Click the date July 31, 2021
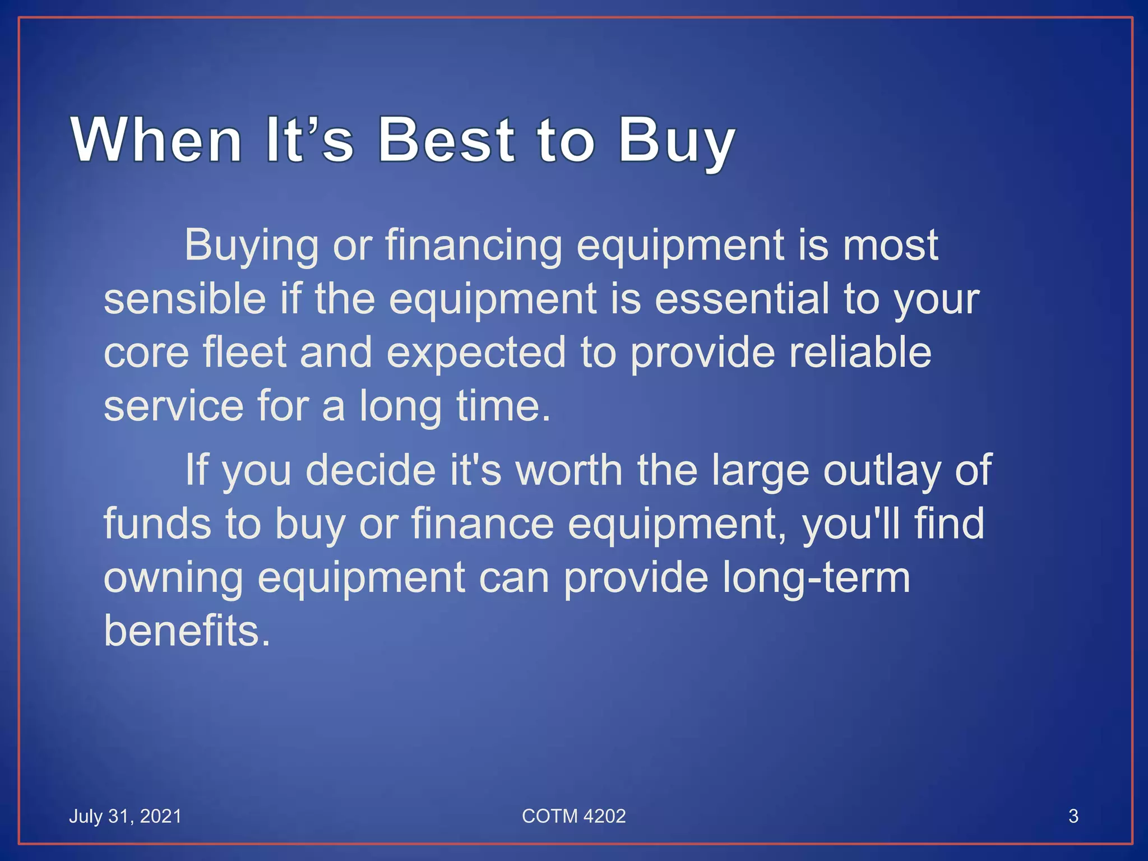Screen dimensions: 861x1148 (125, 816)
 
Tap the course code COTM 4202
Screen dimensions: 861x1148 (573, 816)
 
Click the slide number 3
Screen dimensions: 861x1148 (1073, 816)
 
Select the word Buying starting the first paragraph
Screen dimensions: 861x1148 (251, 246)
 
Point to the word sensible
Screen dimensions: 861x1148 (185, 298)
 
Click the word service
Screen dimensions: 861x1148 (174, 406)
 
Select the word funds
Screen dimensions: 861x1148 (157, 524)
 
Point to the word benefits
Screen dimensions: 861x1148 (187, 631)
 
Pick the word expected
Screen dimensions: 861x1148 (476, 353)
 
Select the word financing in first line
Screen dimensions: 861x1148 (474, 246)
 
